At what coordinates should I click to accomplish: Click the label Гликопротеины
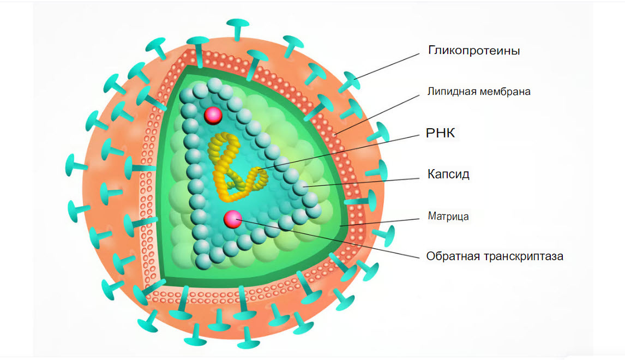tap(473, 51)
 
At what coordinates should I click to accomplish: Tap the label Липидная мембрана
tap(479, 92)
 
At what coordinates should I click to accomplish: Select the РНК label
tap(441, 134)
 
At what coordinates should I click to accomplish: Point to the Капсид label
tap(448, 175)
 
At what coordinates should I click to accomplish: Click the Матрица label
tap(448, 217)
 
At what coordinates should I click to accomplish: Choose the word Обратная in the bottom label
tap(450, 256)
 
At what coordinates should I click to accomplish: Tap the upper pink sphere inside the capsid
tap(212, 115)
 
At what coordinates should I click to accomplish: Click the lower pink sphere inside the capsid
tap(233, 218)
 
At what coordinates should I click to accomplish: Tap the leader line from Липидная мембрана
tap(382, 112)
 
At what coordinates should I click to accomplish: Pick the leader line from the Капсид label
tap(365, 181)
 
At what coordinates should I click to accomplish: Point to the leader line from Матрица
tap(382, 221)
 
